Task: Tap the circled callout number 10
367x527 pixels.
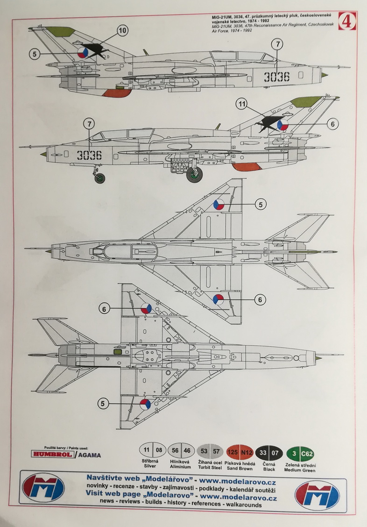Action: pos(122,31)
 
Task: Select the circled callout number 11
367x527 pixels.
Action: pos(241,105)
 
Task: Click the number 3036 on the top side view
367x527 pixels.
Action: pos(276,77)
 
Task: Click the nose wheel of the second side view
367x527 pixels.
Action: pos(99,178)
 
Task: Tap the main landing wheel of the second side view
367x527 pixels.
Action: pos(194,175)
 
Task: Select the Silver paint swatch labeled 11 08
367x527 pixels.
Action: pos(153,451)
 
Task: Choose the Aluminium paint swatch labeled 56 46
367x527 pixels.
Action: pos(181,451)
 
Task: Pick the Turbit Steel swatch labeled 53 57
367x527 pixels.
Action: pos(210,451)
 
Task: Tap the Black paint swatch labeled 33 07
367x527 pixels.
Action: pos(269,451)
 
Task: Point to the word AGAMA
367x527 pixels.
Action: pos(89,454)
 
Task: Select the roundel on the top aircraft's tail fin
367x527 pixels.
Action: pos(82,53)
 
